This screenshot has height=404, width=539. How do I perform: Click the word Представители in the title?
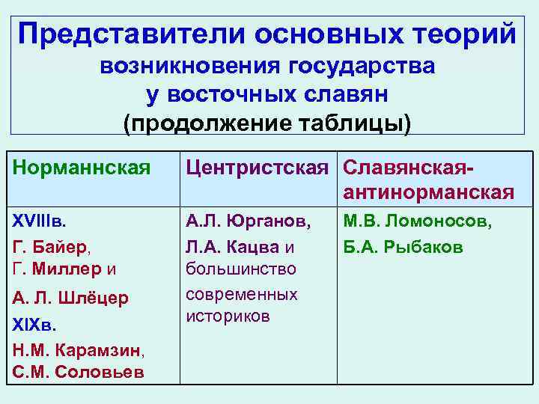coord(130,34)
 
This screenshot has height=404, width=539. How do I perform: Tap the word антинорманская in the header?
coord(429,192)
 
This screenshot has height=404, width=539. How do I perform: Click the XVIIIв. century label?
coord(38,221)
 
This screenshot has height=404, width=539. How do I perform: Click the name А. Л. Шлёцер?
coord(70,299)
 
